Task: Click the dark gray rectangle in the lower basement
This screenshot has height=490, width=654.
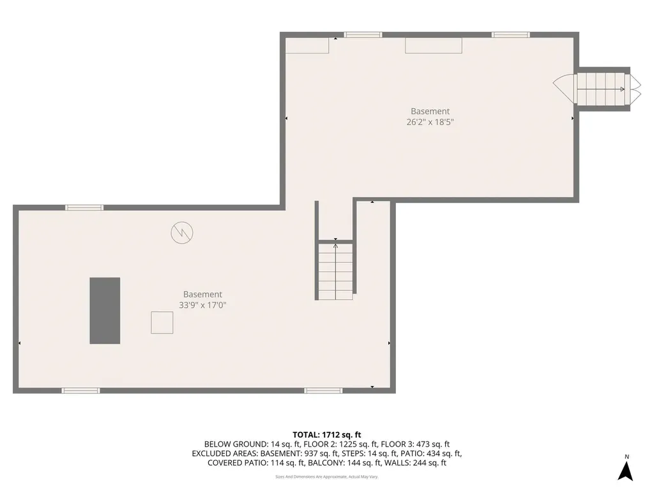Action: pos(105,311)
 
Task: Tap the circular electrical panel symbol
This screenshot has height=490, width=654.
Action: pos(181,232)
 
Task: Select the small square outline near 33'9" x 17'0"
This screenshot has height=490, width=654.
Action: pos(162,322)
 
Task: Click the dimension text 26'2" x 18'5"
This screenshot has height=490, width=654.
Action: pos(430,122)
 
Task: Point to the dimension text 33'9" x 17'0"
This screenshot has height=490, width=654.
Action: pos(202,306)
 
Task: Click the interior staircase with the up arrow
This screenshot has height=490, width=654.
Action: pos(336,271)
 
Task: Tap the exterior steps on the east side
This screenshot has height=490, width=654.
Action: pos(600,89)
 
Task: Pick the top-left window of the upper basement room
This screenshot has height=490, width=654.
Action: pos(363,34)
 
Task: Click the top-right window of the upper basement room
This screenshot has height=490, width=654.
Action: pos(510,34)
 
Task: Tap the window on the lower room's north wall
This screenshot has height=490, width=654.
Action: pos(84,207)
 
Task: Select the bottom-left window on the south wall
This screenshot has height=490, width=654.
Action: pos(80,390)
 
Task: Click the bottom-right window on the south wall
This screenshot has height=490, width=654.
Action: pos(323,390)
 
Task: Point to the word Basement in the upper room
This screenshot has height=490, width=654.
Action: pos(430,111)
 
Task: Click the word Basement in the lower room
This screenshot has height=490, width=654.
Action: pos(202,294)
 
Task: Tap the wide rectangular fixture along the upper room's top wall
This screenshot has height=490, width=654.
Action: pos(434,45)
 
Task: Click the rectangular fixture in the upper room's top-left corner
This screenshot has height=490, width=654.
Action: pos(307,45)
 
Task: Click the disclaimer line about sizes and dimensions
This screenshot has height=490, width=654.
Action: pos(326,477)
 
